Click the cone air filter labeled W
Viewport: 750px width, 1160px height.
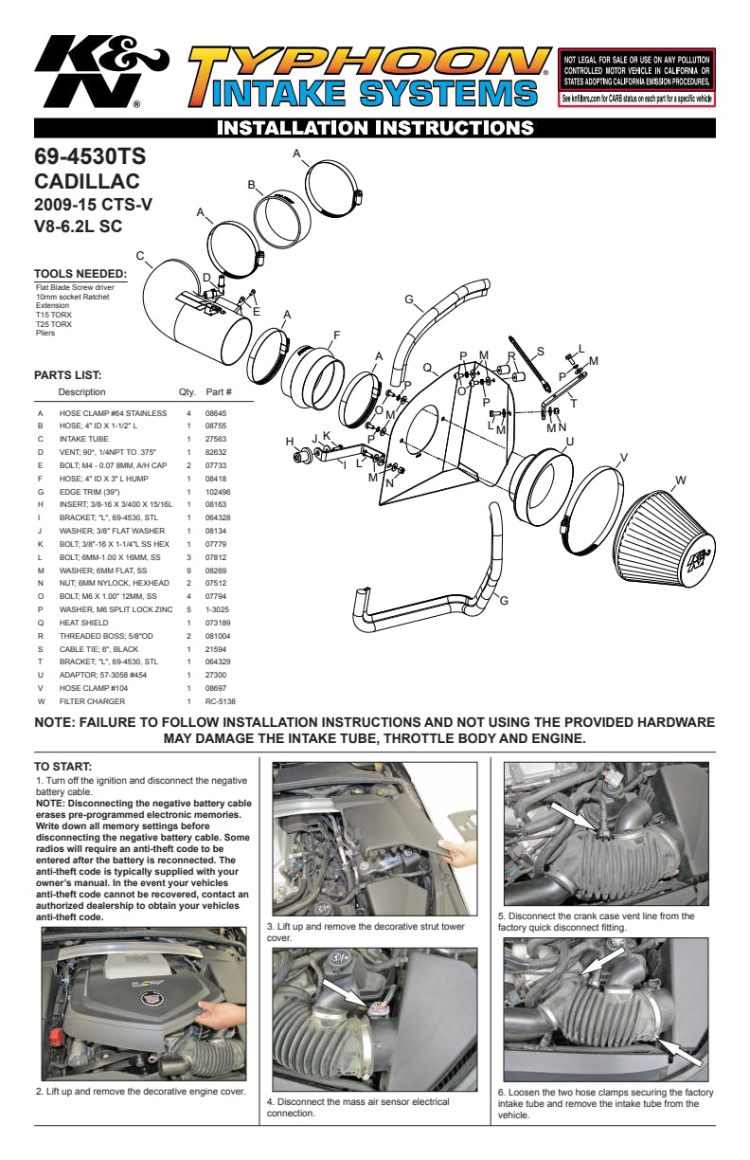point(674,536)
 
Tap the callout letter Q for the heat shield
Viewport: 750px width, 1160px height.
point(427,367)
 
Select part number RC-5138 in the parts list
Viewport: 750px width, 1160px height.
point(220,701)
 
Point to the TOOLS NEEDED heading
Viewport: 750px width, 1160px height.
point(80,274)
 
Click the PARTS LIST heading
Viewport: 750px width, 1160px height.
point(67,374)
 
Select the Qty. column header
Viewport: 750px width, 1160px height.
point(187,391)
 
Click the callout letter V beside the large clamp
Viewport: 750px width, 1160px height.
point(623,458)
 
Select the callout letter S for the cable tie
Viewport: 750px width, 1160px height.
point(541,351)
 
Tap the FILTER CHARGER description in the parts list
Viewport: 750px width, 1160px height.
point(93,701)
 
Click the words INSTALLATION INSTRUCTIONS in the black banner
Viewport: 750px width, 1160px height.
point(375,127)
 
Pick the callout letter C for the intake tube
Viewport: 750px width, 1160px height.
point(139,255)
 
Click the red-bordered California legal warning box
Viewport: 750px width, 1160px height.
point(637,78)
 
